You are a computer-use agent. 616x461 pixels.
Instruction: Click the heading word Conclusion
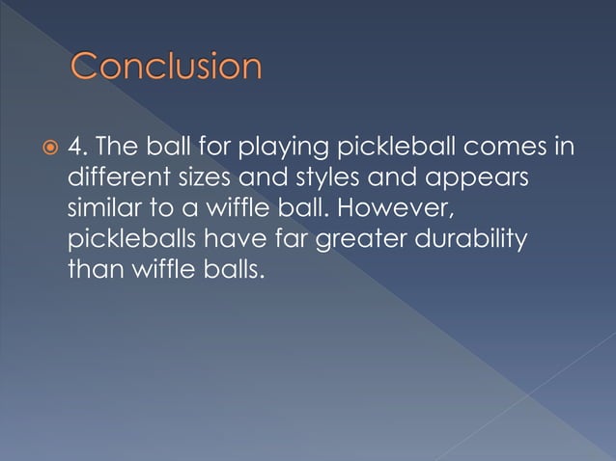[166, 68]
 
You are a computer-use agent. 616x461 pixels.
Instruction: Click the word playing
[287, 149]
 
